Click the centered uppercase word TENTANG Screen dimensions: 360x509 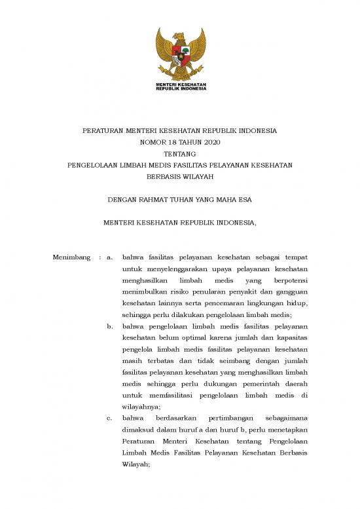(180, 153)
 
